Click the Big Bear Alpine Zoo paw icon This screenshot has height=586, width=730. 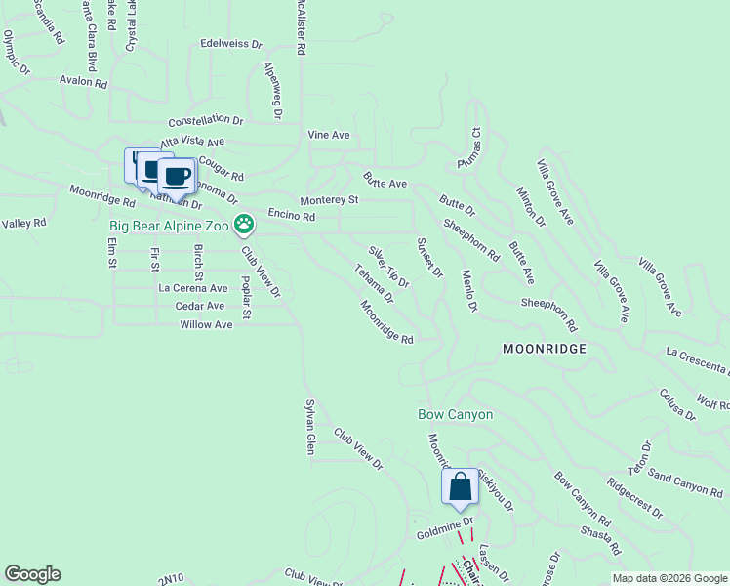coord(244,226)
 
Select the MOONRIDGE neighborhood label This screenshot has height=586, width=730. coord(545,349)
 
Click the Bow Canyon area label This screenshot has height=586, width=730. coord(456,414)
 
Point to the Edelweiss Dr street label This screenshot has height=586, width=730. coord(231,44)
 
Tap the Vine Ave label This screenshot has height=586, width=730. coord(329,135)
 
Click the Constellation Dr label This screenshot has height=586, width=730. coord(205,121)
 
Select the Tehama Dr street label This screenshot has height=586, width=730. coord(374,282)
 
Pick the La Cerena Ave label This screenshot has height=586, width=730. coord(193,288)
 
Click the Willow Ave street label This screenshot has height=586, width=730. coord(206,324)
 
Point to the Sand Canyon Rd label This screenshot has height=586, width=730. coord(685,481)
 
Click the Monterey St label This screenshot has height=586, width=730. coord(330,200)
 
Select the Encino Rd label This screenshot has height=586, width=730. coord(290,215)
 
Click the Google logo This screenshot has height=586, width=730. coord(32,574)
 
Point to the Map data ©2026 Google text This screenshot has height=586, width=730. coord(669,578)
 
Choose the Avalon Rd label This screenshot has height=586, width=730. coord(83,82)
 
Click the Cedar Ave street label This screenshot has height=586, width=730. coord(200,306)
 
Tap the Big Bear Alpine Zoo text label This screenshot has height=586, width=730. coord(169,227)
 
